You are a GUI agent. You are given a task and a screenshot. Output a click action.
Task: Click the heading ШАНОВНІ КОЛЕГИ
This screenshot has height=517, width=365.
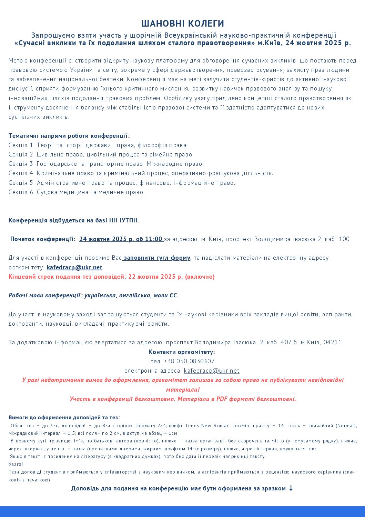(x=182, y=23)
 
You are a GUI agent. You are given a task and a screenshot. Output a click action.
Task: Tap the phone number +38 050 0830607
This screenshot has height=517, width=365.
(x=189, y=361)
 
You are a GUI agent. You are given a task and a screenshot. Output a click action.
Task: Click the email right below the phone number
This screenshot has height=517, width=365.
(x=212, y=371)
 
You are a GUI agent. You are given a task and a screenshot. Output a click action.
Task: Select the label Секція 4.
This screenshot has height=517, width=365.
(x=21, y=173)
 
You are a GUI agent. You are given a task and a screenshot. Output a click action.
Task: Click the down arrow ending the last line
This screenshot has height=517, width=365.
(x=291, y=488)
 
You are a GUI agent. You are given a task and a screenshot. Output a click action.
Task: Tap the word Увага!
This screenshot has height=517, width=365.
(x=16, y=464)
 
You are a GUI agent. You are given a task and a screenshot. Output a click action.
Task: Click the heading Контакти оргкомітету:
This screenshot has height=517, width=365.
(x=182, y=352)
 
